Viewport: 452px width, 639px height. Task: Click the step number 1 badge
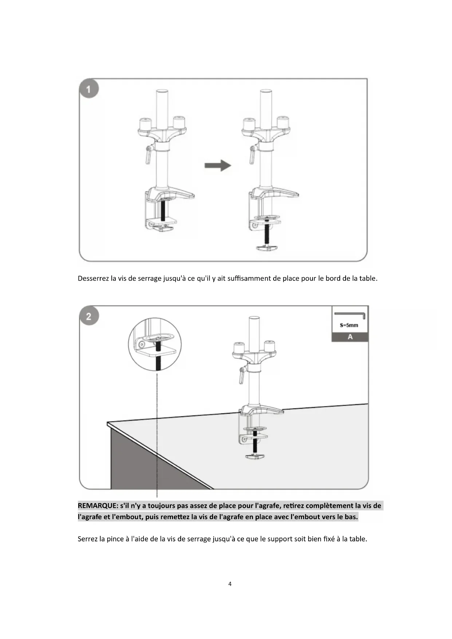click(x=89, y=89)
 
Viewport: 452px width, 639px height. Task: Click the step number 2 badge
click(x=89, y=316)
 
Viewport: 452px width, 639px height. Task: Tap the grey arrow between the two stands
click(x=217, y=165)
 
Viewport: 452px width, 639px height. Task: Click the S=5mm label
click(x=349, y=325)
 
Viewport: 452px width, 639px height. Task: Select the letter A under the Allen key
click(x=350, y=337)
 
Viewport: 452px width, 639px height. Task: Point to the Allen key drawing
click(x=350, y=315)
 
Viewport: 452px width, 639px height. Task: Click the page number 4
click(x=229, y=584)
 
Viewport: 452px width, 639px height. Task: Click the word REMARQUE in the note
click(x=97, y=506)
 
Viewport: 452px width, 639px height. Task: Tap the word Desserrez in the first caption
click(x=93, y=279)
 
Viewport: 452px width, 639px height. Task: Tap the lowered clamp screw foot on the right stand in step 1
click(x=267, y=247)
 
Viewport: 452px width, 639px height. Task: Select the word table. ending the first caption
click(x=368, y=279)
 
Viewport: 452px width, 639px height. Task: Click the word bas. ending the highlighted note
click(x=351, y=517)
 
